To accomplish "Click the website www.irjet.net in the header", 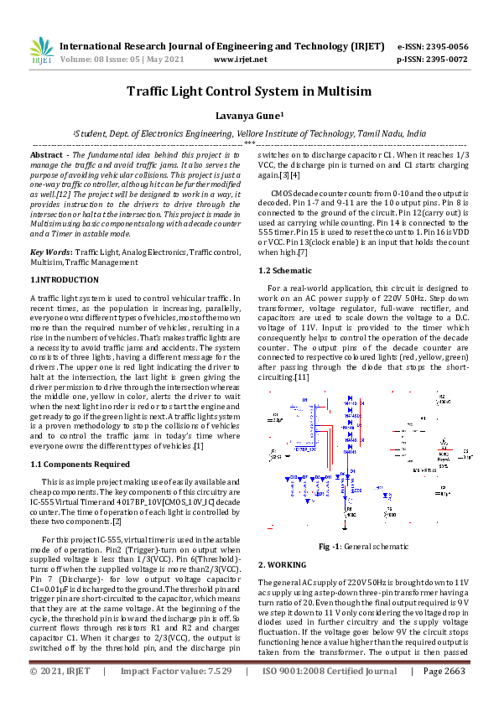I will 241,60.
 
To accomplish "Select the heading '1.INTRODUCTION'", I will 64,278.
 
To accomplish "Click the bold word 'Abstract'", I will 47,156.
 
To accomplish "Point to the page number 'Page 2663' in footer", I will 444,695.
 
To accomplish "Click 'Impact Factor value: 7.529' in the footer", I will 176,695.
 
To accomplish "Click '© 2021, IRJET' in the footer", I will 60,695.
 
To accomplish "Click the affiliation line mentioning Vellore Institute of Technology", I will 249,133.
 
